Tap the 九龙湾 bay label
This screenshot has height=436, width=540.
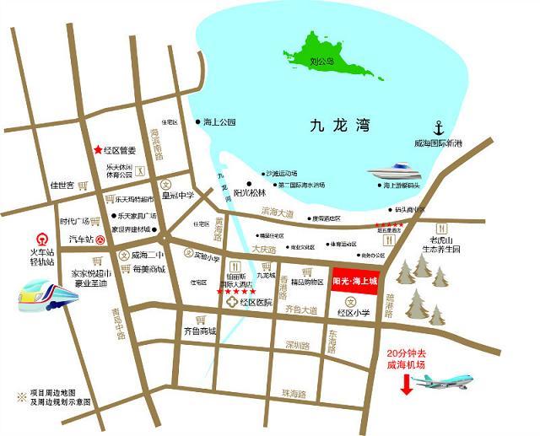(341, 127)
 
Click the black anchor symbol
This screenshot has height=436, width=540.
(439, 128)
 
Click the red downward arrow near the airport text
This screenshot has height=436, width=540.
(407, 385)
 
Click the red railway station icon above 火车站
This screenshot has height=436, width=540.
(40, 240)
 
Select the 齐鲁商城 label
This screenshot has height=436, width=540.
(200, 331)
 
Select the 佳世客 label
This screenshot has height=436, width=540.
(62, 186)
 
